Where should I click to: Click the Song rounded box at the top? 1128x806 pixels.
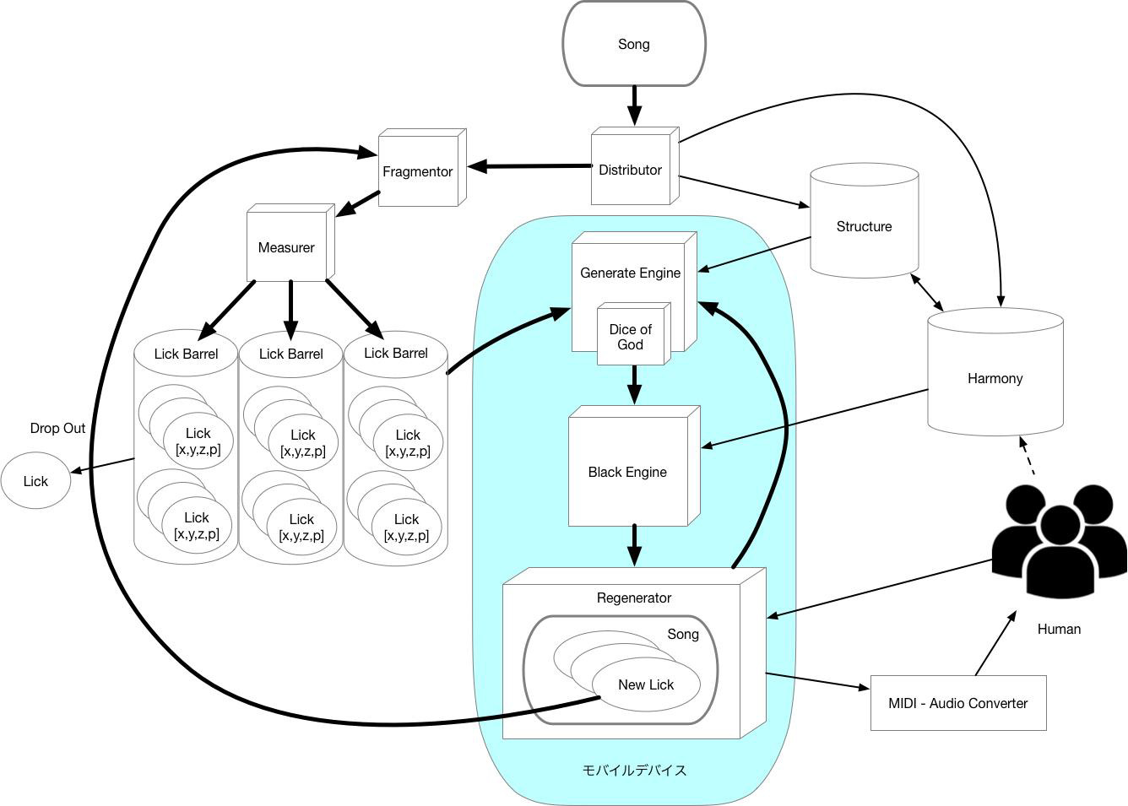634,44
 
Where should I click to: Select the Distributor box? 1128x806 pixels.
631,170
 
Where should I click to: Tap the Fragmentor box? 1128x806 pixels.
418,171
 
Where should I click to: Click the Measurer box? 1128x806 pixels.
286,247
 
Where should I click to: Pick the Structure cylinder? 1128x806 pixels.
864,226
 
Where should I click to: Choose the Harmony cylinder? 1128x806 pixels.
995,378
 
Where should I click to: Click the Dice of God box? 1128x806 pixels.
631,337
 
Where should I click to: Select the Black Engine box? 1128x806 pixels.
627,472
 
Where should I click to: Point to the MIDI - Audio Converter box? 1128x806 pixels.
957,703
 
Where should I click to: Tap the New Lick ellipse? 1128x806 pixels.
646,684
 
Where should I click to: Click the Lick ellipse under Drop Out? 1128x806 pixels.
35,481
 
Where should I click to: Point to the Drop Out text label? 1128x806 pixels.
57,428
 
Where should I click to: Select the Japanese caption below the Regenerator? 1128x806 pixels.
634,770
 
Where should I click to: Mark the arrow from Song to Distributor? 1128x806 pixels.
634,106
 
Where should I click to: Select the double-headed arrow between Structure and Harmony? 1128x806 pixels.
927,292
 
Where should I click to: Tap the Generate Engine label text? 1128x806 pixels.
630,273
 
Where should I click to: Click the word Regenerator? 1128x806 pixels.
633,598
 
